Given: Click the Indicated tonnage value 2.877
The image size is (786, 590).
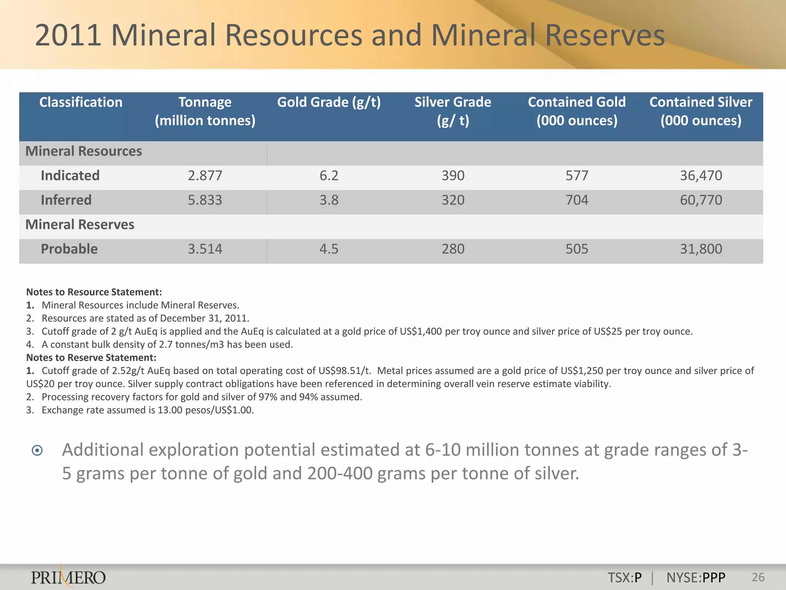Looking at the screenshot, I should (x=205, y=176).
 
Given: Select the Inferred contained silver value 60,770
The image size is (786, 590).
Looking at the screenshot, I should (x=701, y=200).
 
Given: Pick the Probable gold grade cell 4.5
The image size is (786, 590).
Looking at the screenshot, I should (x=329, y=249).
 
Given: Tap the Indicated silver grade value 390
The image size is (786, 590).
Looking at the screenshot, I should (x=453, y=176).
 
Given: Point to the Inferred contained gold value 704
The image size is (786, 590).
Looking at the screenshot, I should (x=577, y=200).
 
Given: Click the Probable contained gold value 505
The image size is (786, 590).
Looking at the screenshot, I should (x=577, y=249).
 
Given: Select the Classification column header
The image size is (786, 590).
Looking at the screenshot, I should (x=81, y=103).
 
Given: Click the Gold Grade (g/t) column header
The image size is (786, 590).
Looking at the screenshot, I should (x=329, y=103).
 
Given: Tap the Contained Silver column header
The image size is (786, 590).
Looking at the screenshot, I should (x=701, y=111).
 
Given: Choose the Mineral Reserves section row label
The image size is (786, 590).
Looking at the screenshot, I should (x=80, y=225).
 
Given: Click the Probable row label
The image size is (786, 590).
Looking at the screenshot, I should (x=69, y=249).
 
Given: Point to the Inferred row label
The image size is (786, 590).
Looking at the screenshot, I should (x=66, y=200).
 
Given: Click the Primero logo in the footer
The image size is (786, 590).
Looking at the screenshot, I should (x=68, y=577).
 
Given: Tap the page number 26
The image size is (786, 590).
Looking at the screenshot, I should (x=758, y=577).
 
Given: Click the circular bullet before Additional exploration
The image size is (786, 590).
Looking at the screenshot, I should (x=37, y=450).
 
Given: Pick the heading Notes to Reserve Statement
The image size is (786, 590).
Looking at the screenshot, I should (x=91, y=358).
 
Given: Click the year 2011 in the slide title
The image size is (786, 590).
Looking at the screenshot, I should (x=68, y=35).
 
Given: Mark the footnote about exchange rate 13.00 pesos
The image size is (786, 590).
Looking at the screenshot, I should (x=147, y=410).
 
